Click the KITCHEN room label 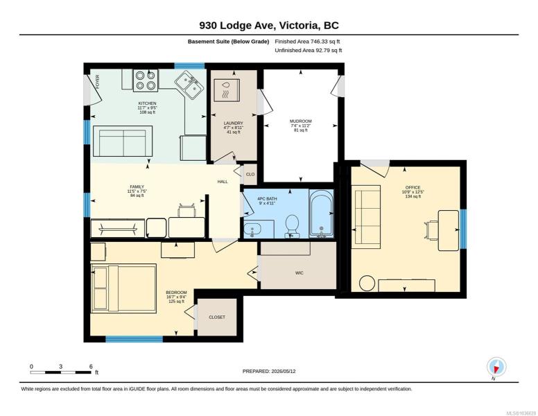[147, 103]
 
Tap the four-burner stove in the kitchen [146, 80]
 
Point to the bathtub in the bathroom [321, 213]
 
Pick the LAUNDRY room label [234, 123]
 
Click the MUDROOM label [301, 121]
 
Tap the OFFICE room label [413, 187]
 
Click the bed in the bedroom [123, 288]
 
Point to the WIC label [300, 273]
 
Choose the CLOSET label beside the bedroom [217, 317]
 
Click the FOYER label [98, 82]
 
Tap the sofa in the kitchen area [123, 141]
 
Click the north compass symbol [496, 367]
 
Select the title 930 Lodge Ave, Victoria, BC [269, 26]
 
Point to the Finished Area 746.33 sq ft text [307, 42]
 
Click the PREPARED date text [269, 371]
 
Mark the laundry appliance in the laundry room [227, 90]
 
